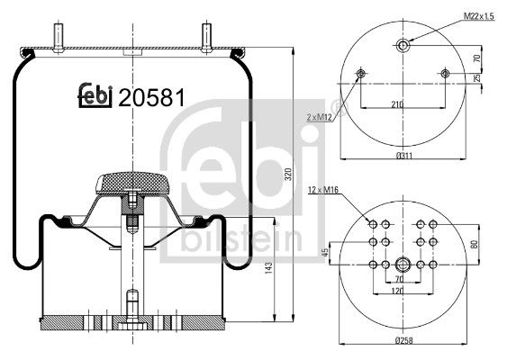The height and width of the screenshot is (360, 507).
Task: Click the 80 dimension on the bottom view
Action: (x=475, y=243)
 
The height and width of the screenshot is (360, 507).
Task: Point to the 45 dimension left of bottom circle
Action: (x=325, y=252)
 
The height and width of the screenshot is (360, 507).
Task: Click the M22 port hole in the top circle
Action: (x=403, y=46)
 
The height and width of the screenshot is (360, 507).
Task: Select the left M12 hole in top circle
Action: (x=361, y=73)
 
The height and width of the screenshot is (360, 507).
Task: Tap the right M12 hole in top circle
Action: (x=445, y=73)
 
